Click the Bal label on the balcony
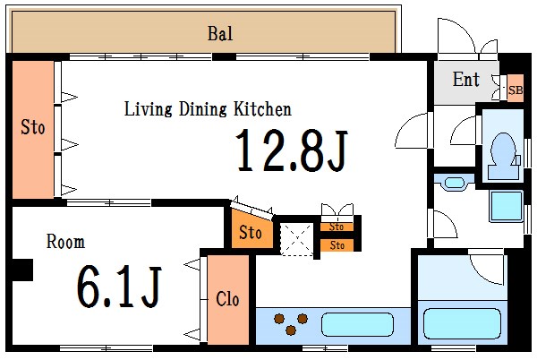[220, 33]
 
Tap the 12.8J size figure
[292, 150]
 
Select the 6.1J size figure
[119, 287]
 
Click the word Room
[65, 242]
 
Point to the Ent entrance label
[465, 79]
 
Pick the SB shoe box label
[516, 90]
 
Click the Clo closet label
[227, 299]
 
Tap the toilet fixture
[503, 156]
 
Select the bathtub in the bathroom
[463, 323]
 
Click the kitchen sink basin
[357, 324]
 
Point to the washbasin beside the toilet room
[454, 183]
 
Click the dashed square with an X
[296, 239]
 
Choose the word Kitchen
[262, 109]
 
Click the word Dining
[203, 110]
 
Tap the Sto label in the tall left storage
[33, 127]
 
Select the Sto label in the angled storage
[251, 232]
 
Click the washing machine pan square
[507, 207]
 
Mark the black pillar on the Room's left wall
[22, 270]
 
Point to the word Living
[148, 109]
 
